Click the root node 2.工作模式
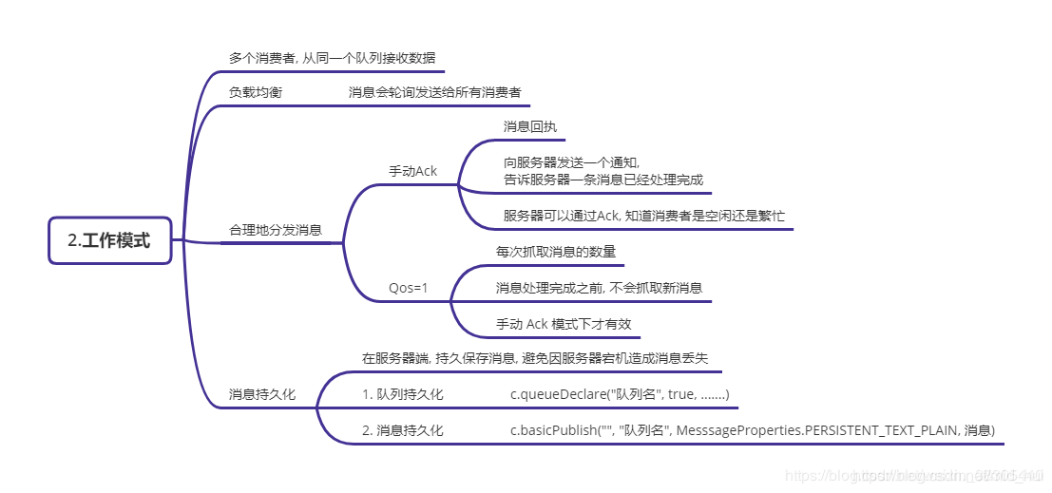[109, 240]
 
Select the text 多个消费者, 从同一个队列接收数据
[334, 58]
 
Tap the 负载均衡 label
[256, 92]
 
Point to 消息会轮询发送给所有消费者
[434, 92]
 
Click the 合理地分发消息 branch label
[276, 230]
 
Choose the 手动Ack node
[412, 171]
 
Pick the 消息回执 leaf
[529, 126]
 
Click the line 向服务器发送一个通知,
[571, 162]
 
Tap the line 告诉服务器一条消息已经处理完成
[603, 180]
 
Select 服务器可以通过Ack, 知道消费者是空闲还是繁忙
[643, 216]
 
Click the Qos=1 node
[409, 287]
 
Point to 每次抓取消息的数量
[556, 252]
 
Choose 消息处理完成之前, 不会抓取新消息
[599, 287]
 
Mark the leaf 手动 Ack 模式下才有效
[564, 324]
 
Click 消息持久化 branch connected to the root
[262, 394]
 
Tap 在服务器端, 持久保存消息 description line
[535, 359]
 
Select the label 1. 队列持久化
[403, 394]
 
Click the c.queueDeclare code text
[620, 394]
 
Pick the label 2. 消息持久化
[403, 430]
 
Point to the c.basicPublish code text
[752, 430]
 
